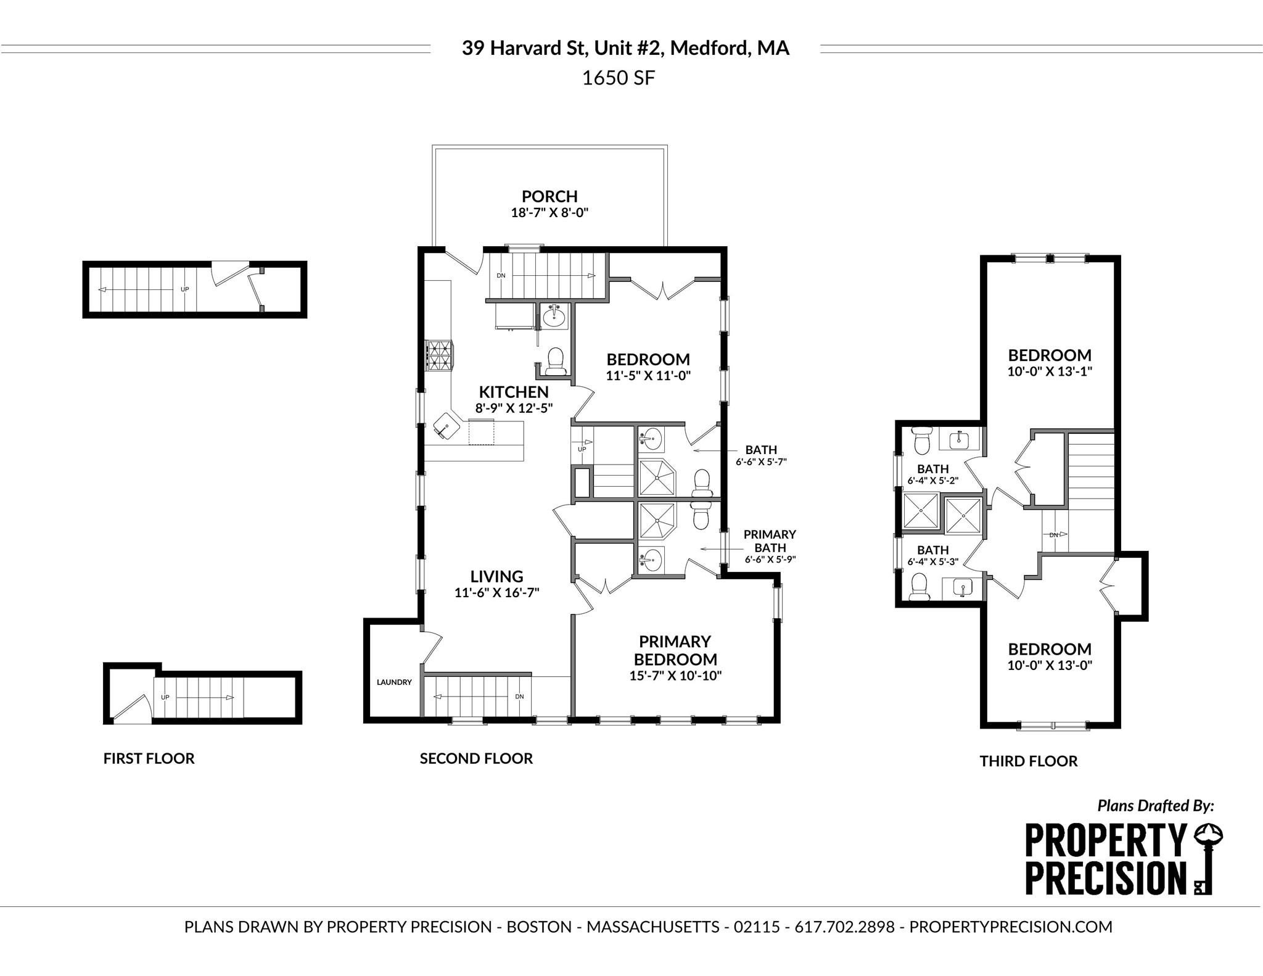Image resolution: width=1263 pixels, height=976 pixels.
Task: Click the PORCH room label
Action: pyautogui.click(x=549, y=196)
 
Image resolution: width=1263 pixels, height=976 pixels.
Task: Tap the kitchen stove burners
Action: pyautogui.click(x=438, y=355)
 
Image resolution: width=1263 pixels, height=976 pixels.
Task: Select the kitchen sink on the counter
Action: pyautogui.click(x=446, y=426)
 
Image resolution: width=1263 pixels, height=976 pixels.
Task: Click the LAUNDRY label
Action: pyautogui.click(x=394, y=682)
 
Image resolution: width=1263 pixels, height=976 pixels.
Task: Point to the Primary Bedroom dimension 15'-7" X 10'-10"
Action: pyautogui.click(x=675, y=675)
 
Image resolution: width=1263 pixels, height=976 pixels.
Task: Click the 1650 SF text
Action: pyautogui.click(x=619, y=78)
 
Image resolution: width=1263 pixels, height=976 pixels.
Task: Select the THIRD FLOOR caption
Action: pyautogui.click(x=1028, y=761)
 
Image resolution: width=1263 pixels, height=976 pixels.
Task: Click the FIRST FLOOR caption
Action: pyautogui.click(x=149, y=758)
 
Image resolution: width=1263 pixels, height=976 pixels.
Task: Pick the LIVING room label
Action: pyautogui.click(x=496, y=576)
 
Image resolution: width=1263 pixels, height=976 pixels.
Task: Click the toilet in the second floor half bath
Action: pyautogui.click(x=556, y=362)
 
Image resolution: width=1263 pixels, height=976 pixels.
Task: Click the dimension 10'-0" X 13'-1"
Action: pyautogui.click(x=1050, y=371)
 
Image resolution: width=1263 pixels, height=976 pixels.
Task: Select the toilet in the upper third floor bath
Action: pyautogui.click(x=923, y=439)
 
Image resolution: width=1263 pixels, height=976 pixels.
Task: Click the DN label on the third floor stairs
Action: pyautogui.click(x=1054, y=535)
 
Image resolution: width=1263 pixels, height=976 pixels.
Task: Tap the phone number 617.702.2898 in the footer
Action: pyautogui.click(x=844, y=927)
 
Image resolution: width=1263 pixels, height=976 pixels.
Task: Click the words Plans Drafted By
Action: pyautogui.click(x=1155, y=805)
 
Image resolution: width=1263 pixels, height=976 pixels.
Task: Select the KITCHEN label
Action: pyautogui.click(x=514, y=392)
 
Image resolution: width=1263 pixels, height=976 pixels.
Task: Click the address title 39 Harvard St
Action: pyautogui.click(x=625, y=48)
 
